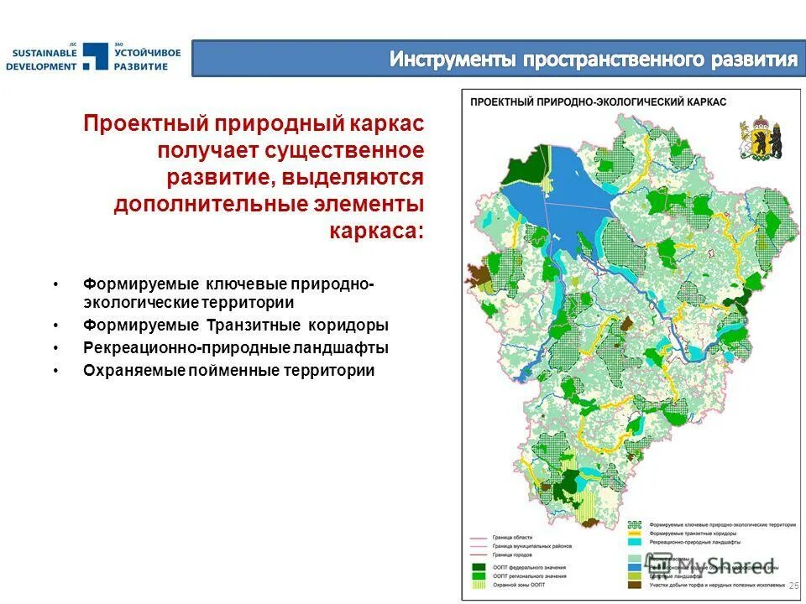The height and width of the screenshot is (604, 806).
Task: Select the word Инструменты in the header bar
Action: [x=453, y=60]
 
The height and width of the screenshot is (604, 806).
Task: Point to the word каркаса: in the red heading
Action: [x=378, y=231]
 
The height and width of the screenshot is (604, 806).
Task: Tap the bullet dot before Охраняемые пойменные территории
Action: [x=55, y=371]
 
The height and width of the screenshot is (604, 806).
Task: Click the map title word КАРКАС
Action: [x=706, y=101]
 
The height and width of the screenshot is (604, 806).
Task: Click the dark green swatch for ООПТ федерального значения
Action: [x=479, y=568]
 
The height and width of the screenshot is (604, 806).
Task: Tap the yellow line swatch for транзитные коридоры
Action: [x=636, y=534]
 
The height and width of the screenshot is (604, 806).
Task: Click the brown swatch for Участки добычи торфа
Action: [x=636, y=584]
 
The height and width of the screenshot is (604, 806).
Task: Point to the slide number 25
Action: [x=793, y=585]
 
